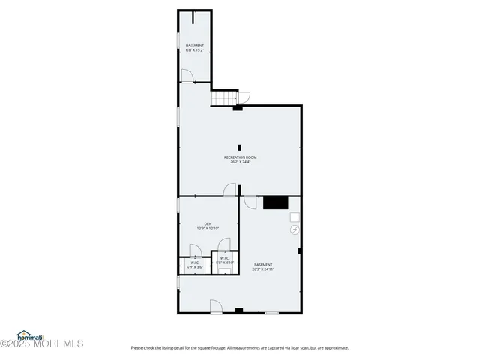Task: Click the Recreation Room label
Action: (240, 157)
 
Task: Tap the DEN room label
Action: (208, 223)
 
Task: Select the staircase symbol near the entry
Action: (223, 98)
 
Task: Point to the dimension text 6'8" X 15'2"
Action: (195, 50)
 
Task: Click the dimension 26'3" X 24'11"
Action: (262, 268)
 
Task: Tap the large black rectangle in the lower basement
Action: (275, 202)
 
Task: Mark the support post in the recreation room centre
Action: (240, 147)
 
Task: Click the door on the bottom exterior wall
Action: (215, 306)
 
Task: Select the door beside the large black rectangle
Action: (250, 202)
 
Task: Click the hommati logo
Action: (31, 335)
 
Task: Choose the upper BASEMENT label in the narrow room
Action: (195, 46)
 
